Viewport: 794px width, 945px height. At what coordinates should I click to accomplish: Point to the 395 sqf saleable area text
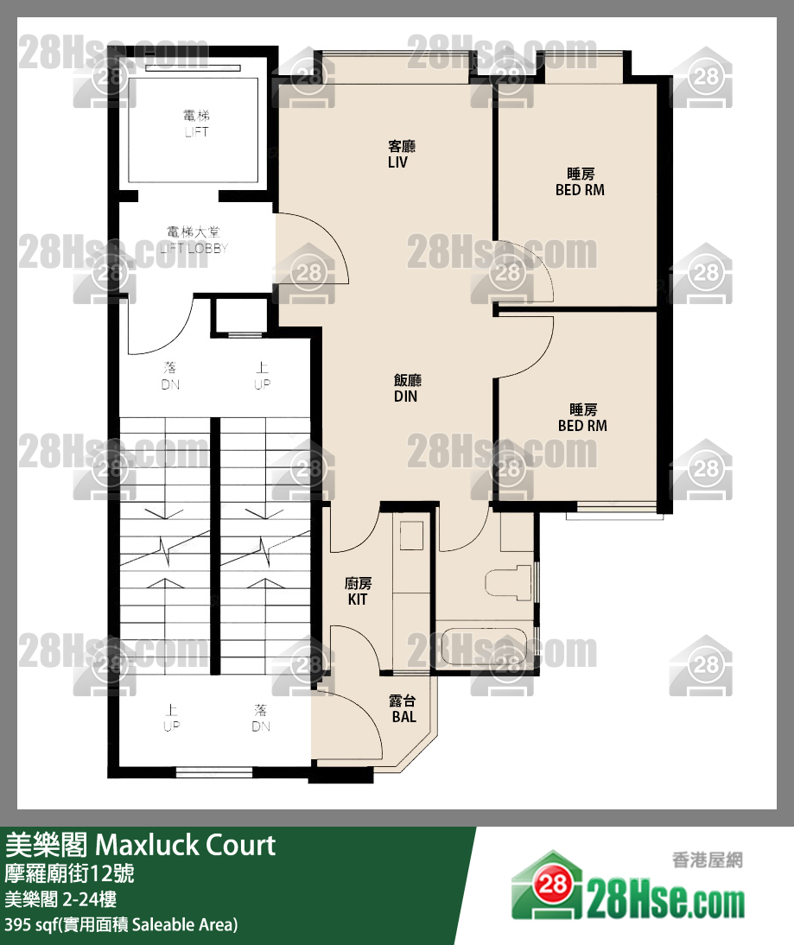pos(121,925)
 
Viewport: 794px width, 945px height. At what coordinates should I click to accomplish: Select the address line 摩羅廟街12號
pos(69,873)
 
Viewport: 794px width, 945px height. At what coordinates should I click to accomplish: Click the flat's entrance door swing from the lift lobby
pos(311,251)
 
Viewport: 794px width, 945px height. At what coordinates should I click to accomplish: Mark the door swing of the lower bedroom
pos(524,346)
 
